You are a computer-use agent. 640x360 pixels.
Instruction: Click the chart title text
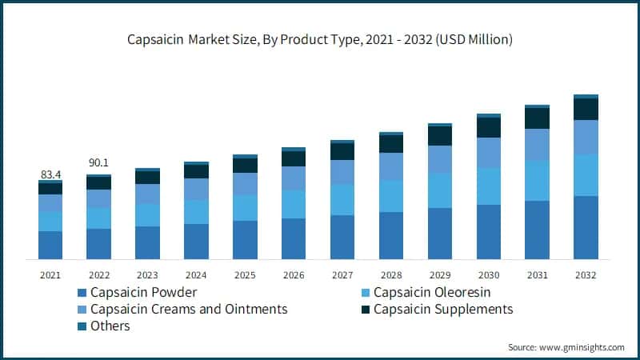click(320, 38)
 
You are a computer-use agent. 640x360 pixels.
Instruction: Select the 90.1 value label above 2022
click(99, 163)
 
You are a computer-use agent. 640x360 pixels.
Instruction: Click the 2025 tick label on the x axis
click(245, 274)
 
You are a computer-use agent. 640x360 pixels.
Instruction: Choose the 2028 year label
click(391, 274)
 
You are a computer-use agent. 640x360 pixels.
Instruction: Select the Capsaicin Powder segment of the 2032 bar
click(586, 227)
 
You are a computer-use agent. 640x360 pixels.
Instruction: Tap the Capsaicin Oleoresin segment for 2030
click(489, 186)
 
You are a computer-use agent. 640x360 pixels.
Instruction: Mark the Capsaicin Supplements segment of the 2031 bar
click(538, 118)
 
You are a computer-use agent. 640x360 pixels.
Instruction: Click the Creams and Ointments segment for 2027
click(342, 172)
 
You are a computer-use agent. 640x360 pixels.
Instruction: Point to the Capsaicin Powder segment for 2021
click(50, 245)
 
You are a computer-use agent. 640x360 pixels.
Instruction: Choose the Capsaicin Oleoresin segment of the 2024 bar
click(196, 212)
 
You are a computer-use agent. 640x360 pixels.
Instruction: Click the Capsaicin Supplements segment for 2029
click(440, 136)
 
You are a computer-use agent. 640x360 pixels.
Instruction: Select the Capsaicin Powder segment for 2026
click(294, 238)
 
